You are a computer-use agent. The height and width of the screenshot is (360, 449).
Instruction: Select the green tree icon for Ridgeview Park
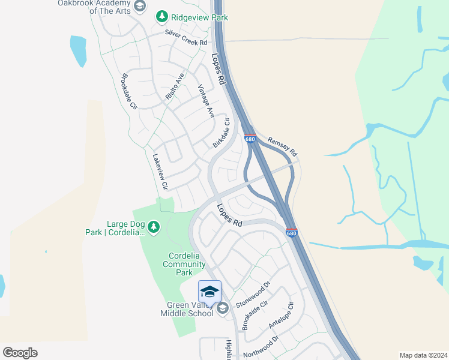[161, 17]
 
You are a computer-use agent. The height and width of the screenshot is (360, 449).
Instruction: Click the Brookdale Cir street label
[130, 91]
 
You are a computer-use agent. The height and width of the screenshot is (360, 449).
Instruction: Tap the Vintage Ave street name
[206, 100]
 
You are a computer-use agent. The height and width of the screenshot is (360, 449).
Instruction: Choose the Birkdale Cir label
[221, 133]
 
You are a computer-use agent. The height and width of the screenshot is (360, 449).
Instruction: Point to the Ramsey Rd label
[282, 146]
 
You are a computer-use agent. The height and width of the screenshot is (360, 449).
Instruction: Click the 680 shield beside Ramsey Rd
[250, 139]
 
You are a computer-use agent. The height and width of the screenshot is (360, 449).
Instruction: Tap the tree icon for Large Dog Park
[154, 226]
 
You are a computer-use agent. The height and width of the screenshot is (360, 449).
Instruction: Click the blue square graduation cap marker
[209, 292]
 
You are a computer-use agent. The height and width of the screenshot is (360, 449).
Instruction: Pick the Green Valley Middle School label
[186, 309]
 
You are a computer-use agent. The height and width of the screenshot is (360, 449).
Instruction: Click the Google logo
[20, 352]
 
